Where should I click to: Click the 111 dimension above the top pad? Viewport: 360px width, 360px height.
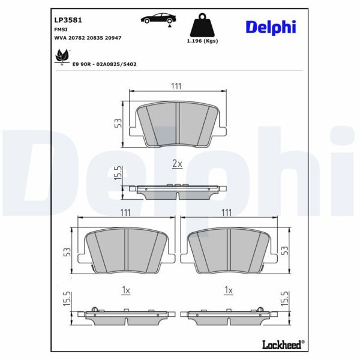176,86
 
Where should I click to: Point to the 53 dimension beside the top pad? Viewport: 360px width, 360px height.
119,123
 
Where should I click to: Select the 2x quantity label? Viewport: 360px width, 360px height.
176,163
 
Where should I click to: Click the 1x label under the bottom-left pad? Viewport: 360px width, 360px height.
125,290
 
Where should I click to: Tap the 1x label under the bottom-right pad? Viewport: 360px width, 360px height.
227,290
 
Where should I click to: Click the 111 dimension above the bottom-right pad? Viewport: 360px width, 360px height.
227,212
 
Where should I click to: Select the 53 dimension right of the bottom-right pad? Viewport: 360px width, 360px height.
284,250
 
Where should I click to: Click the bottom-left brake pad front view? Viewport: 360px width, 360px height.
126,250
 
